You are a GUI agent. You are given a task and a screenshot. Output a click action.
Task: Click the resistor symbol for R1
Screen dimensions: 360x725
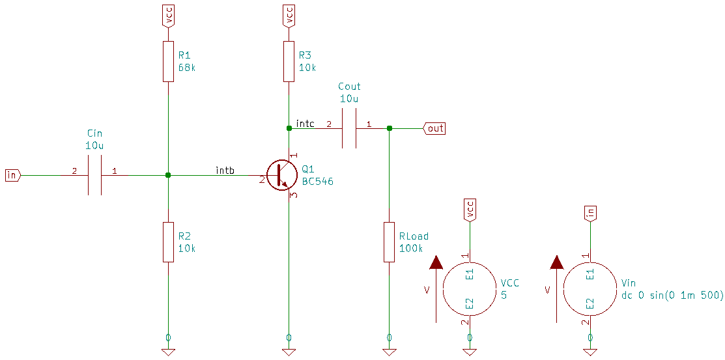click(168, 62)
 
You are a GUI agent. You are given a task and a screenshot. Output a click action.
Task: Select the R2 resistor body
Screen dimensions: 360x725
click(168, 242)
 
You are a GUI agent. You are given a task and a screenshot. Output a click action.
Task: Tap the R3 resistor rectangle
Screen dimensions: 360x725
click(289, 62)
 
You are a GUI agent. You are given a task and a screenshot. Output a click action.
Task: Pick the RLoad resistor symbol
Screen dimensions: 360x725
click(389, 242)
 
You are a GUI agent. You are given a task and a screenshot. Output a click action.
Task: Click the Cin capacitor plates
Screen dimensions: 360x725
click(95, 175)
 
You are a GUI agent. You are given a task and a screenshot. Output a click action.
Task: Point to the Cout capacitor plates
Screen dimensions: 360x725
click(349, 128)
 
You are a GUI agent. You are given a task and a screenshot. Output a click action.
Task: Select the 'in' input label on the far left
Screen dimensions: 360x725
click(12, 175)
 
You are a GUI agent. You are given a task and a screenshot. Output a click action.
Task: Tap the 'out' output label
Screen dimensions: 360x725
click(435, 128)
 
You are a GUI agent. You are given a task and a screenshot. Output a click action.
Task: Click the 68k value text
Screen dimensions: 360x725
click(187, 67)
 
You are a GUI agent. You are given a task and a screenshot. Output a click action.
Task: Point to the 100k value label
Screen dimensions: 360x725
click(411, 248)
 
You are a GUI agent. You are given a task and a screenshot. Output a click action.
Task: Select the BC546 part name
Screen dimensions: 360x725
click(317, 182)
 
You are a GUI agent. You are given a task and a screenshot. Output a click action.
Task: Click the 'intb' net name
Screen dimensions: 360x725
click(225, 171)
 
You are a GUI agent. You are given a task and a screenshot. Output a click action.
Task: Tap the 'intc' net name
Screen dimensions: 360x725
click(305, 123)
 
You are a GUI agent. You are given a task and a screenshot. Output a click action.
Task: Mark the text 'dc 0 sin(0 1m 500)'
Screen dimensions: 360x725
click(672, 295)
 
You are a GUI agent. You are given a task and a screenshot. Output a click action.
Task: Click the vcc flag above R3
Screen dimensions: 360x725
click(289, 15)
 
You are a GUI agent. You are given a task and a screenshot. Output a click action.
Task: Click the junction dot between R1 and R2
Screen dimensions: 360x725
click(168, 175)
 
